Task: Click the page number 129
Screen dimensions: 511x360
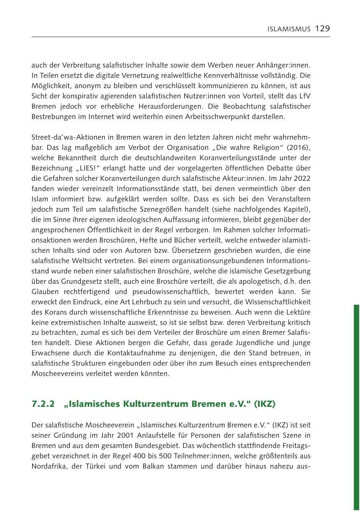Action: (x=322, y=28)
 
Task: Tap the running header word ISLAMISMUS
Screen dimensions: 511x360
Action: (x=289, y=29)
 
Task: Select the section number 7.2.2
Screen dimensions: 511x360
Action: (x=43, y=404)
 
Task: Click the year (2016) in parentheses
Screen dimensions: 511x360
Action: (x=299, y=147)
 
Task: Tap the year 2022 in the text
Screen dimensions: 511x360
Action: (x=302, y=178)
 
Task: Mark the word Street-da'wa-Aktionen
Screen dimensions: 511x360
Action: (x=66, y=137)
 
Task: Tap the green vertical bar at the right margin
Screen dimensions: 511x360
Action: (x=356, y=408)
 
